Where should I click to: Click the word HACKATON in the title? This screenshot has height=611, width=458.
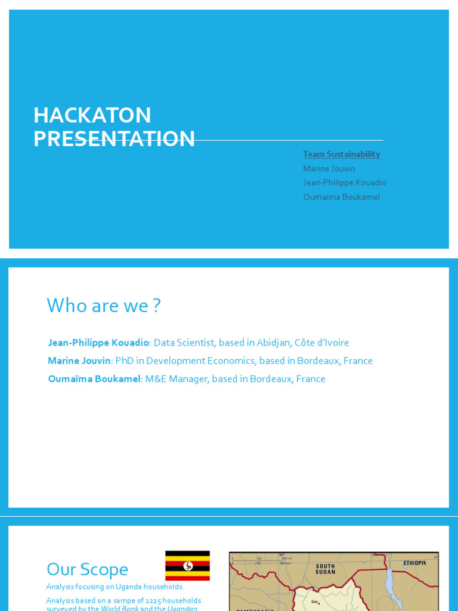[92, 115]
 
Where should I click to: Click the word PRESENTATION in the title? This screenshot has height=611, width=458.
[114, 138]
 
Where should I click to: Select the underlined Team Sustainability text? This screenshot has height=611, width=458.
[341, 154]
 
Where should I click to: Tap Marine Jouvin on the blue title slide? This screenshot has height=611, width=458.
[329, 168]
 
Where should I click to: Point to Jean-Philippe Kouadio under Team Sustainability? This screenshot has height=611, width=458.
[344, 183]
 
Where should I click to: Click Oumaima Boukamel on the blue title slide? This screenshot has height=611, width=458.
[341, 197]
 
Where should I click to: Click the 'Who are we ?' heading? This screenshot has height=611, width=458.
[104, 305]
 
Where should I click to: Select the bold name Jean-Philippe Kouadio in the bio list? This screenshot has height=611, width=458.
[98, 342]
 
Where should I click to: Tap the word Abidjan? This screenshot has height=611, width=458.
[275, 342]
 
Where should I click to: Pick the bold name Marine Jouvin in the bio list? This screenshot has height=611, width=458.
[79, 360]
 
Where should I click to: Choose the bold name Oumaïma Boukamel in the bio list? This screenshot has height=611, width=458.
[94, 378]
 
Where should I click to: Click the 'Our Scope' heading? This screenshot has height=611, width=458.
[87, 569]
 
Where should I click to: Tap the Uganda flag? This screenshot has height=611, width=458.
[187, 566]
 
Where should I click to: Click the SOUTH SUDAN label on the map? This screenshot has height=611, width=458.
[326, 569]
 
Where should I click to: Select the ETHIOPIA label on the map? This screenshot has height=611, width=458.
[414, 563]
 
